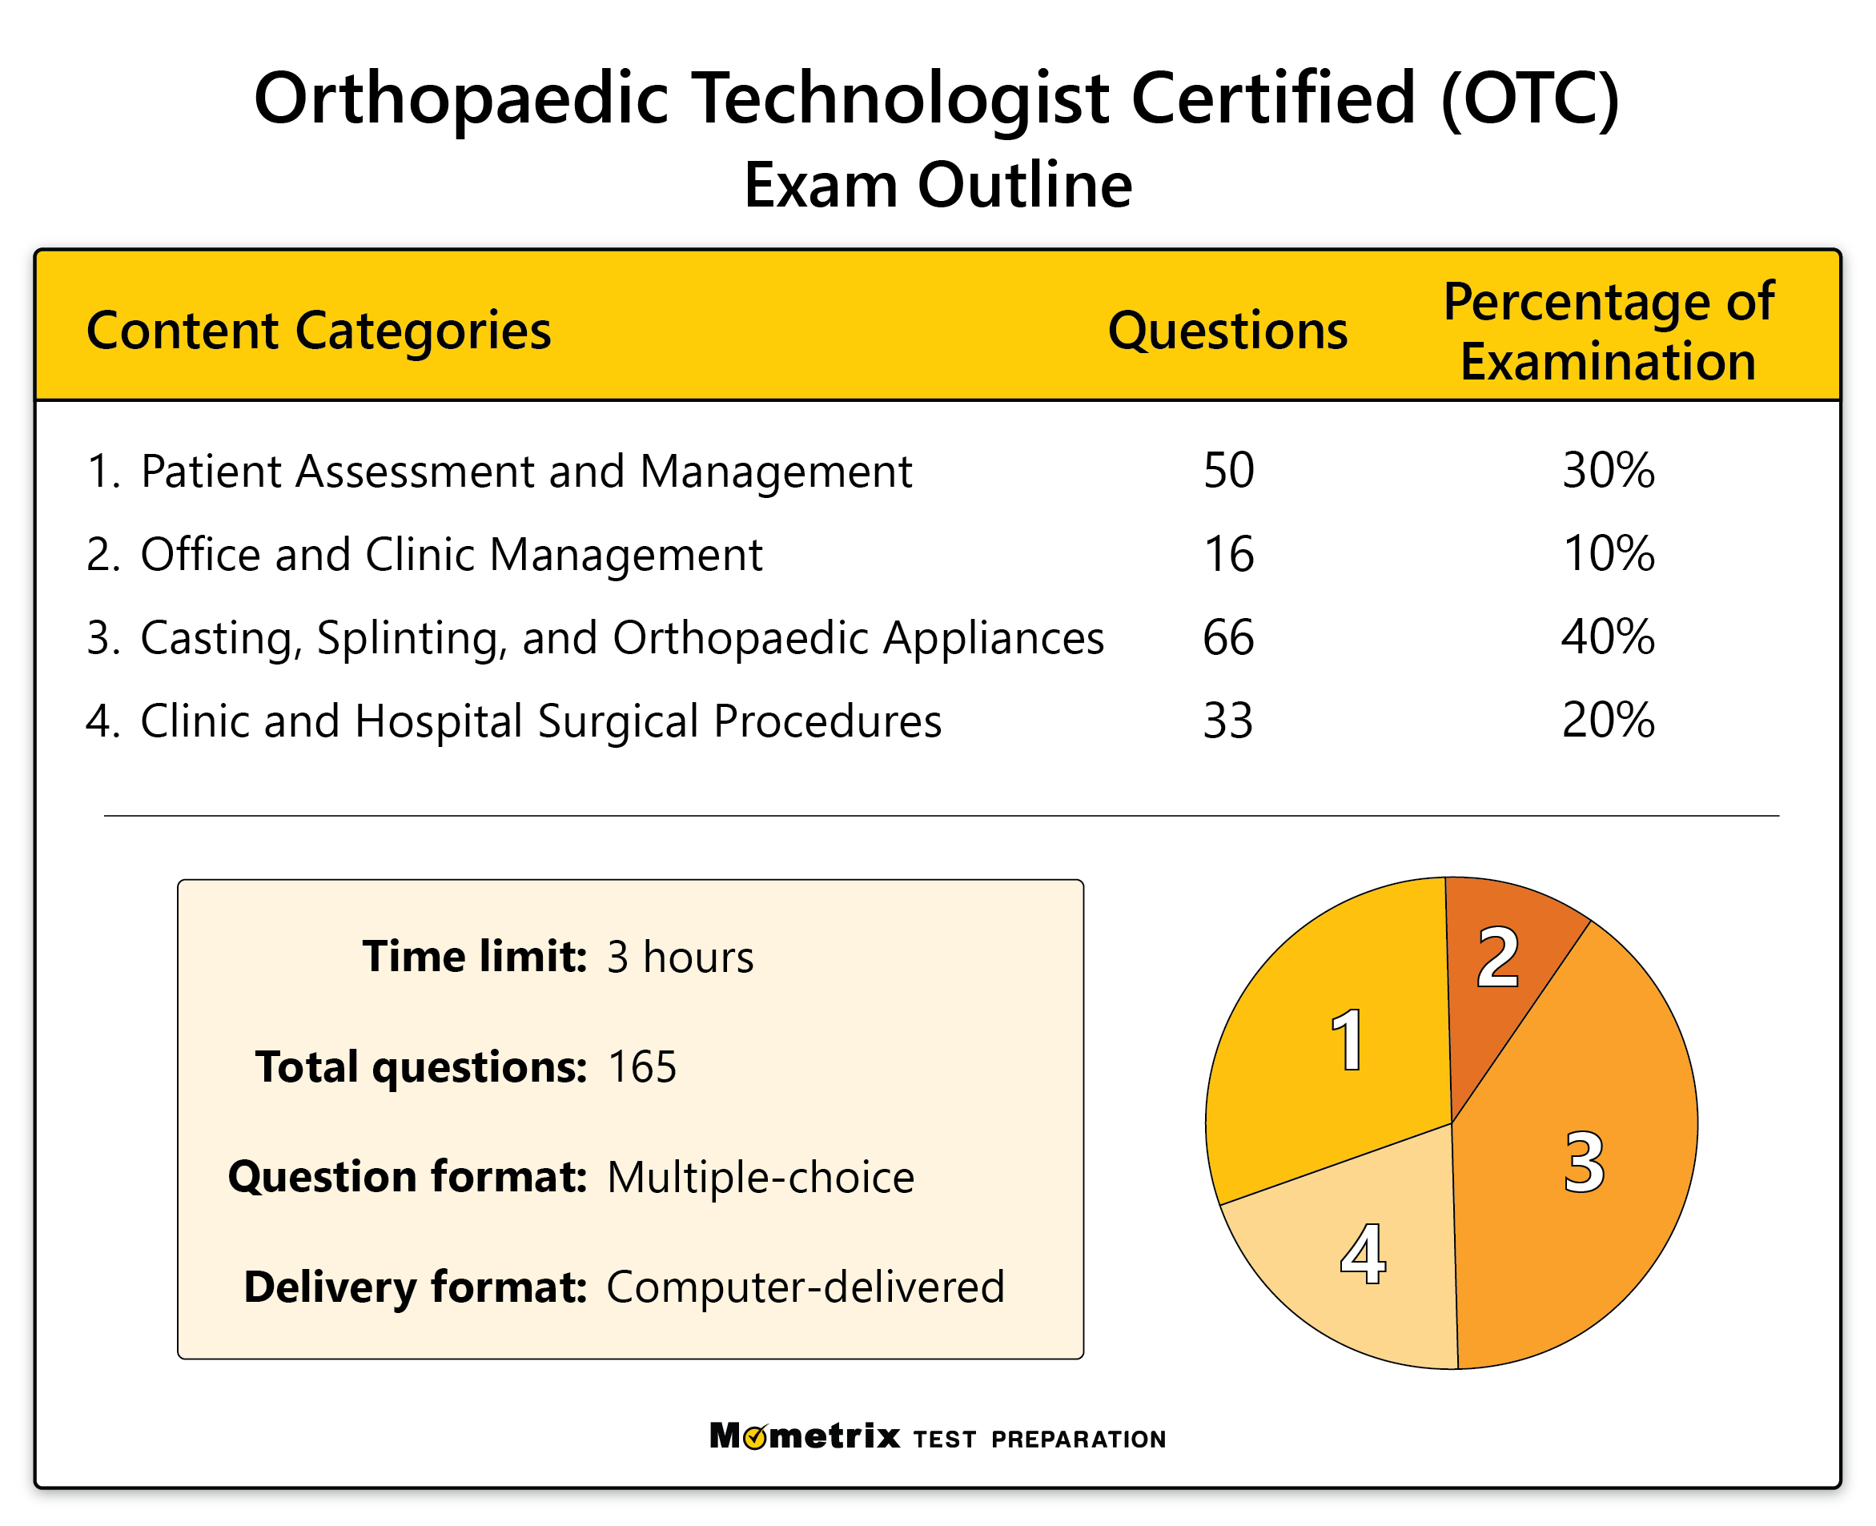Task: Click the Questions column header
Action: point(1227,331)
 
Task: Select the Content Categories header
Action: point(318,331)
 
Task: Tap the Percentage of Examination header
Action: point(1608,331)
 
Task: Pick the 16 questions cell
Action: point(1228,554)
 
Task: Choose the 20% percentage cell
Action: point(1608,720)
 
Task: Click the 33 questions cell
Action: point(1228,720)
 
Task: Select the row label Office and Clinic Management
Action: point(450,555)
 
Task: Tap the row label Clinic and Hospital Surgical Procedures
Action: point(540,721)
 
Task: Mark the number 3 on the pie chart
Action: point(1584,1162)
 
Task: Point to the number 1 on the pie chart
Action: point(1348,1041)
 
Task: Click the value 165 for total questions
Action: point(641,1067)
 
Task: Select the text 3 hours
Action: point(680,958)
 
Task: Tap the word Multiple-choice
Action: point(761,1177)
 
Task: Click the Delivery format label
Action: point(415,1287)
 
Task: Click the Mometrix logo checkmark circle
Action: point(754,1437)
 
